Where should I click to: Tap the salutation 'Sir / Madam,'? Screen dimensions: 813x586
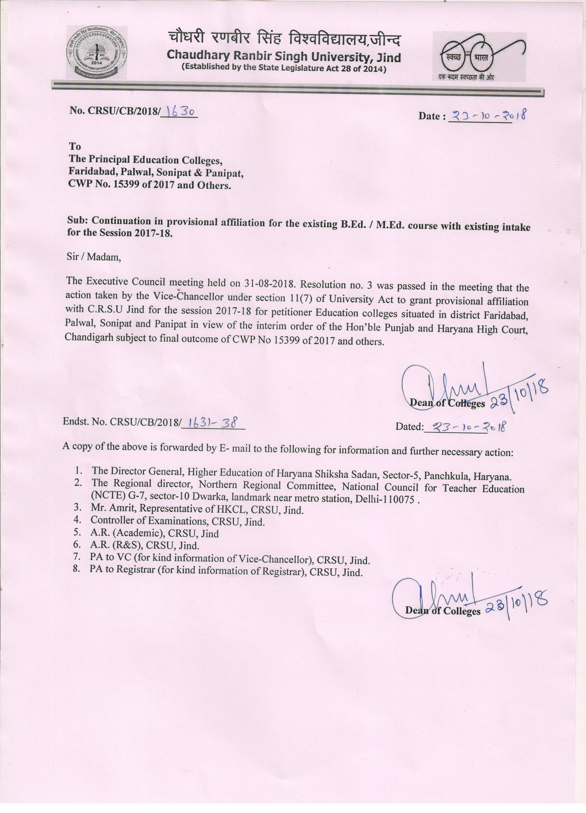[x=94, y=257]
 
